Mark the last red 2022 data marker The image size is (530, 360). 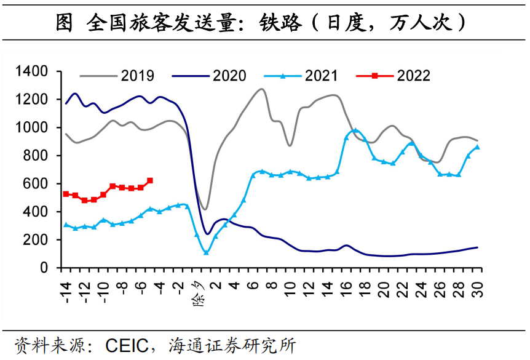(150, 181)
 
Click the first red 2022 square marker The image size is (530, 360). (66, 194)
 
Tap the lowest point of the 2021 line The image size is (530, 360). (206, 252)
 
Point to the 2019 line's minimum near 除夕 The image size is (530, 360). (205, 210)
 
